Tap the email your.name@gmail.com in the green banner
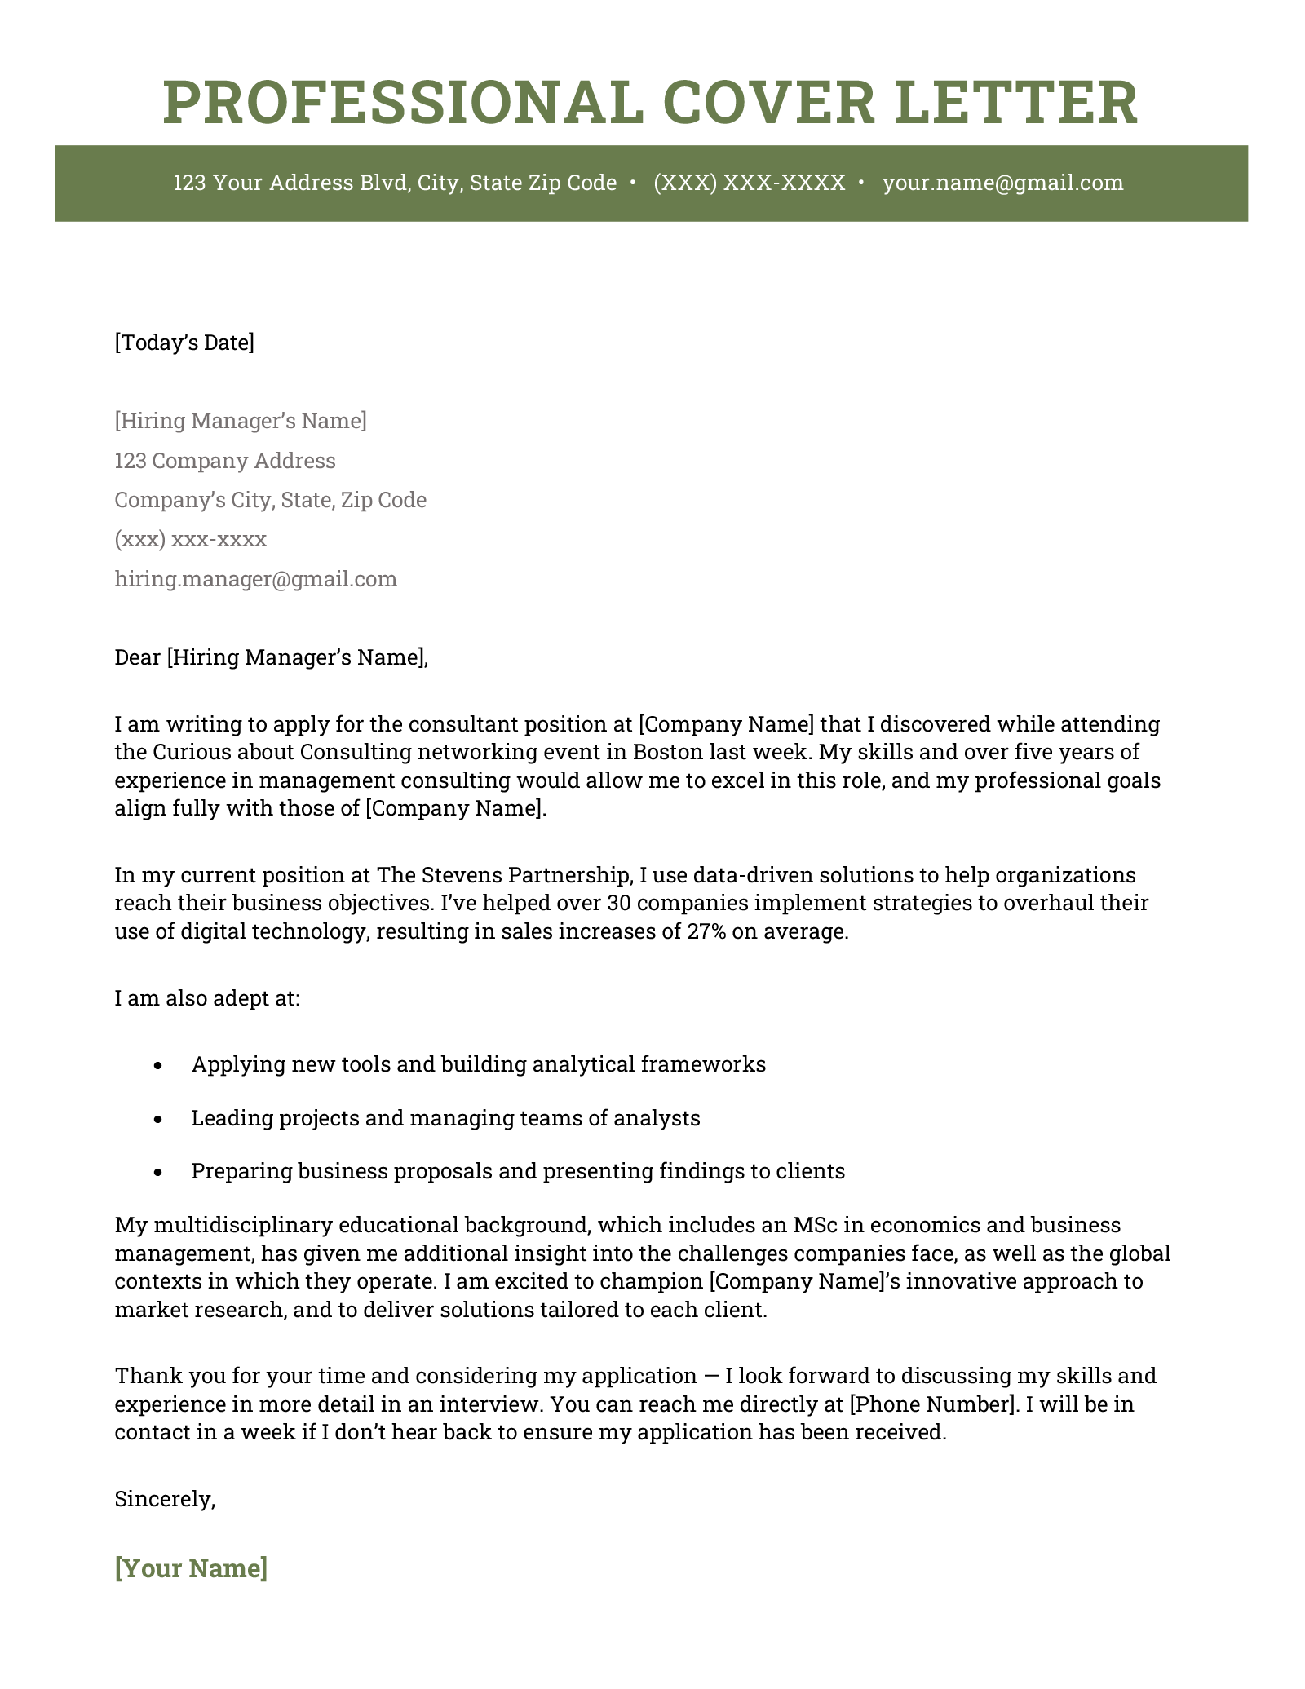(1002, 183)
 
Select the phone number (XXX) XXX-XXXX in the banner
(750, 183)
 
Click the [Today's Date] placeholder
(184, 343)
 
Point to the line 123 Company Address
(224, 461)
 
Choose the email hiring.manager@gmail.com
(255, 579)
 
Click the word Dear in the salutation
(138, 657)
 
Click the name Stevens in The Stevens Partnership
(462, 875)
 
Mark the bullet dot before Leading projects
(158, 1119)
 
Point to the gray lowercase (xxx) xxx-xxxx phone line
(190, 539)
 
